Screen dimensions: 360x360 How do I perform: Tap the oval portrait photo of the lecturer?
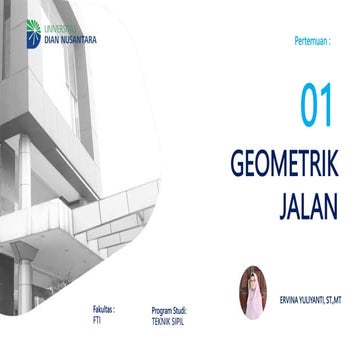pos(252,292)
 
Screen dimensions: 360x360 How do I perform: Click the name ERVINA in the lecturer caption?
pos(287,299)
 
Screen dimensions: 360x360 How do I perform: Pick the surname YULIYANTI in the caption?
pos(313,299)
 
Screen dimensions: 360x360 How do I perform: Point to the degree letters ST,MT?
pos(337,299)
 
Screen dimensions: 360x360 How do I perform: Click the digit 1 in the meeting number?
pos(326,107)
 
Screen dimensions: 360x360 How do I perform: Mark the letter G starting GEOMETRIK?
pos(237,168)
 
